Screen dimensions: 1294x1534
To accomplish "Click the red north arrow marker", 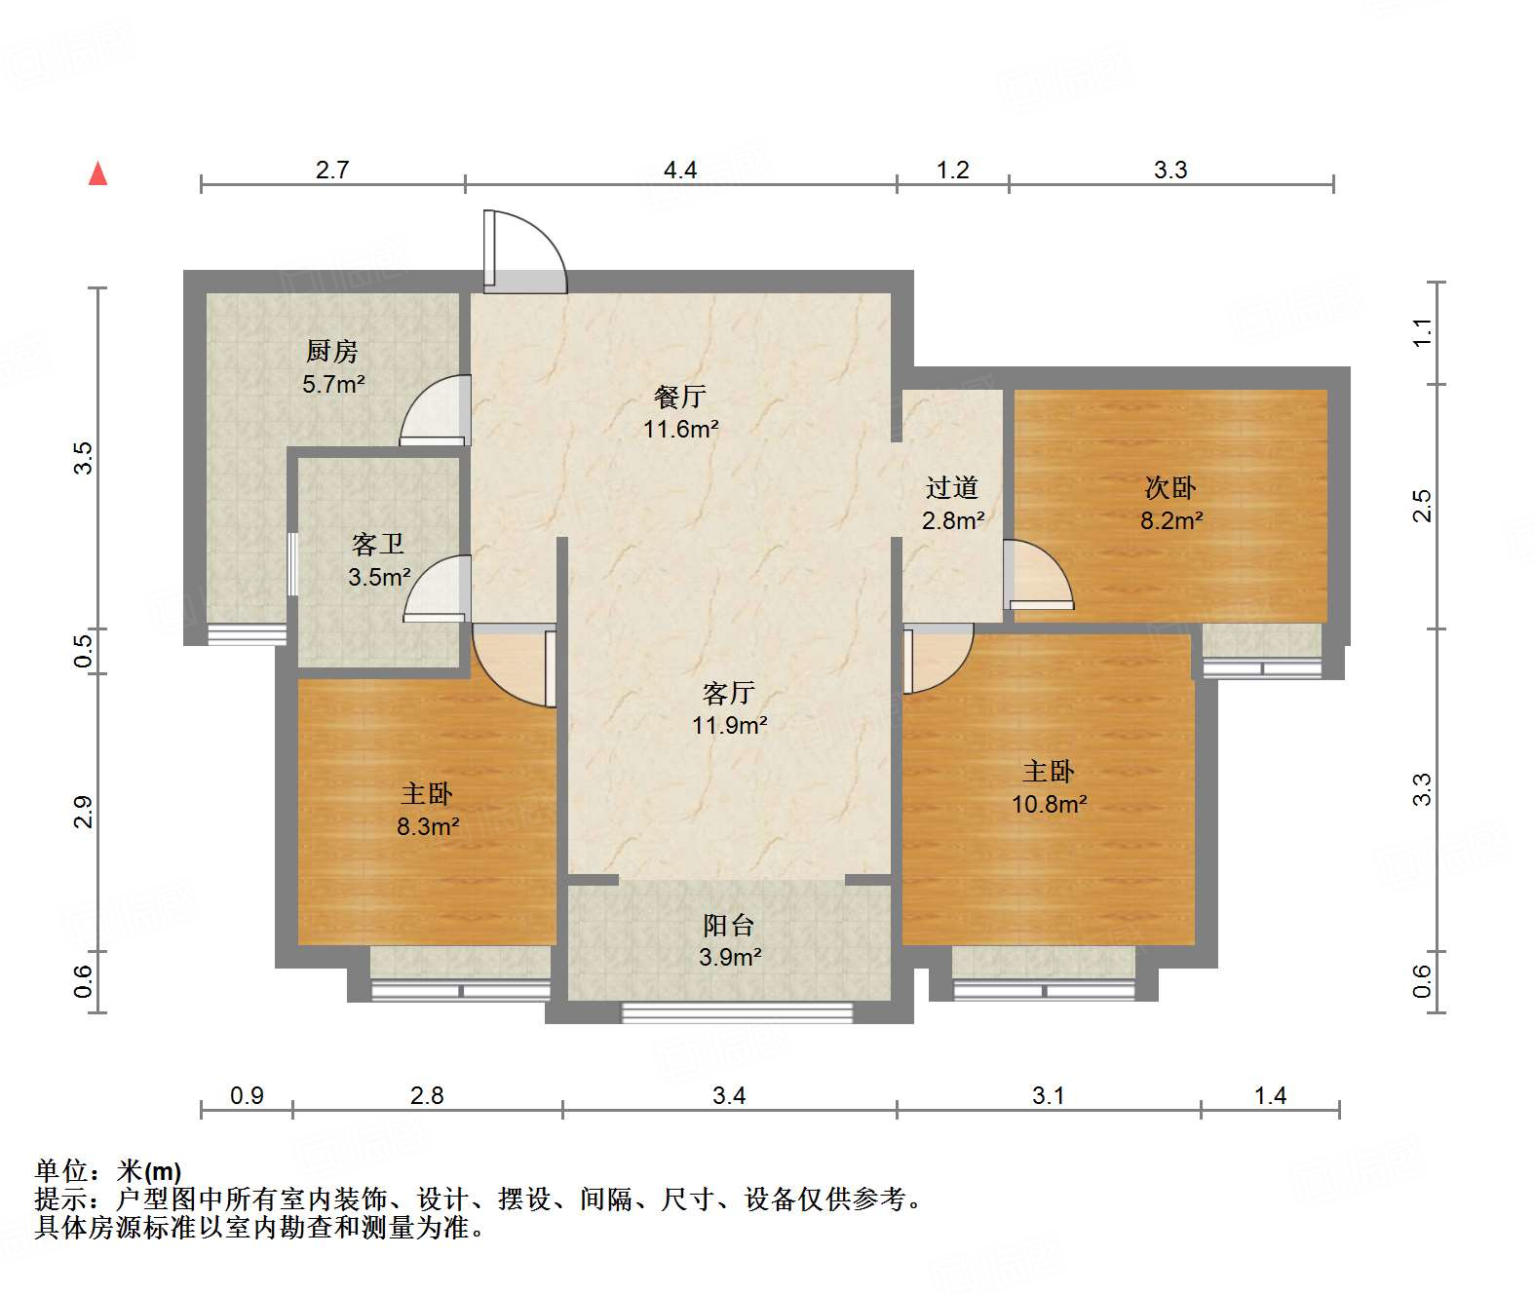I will (98, 173).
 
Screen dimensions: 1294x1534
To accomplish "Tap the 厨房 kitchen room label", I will (332, 351).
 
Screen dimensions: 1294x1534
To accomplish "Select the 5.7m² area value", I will (333, 384).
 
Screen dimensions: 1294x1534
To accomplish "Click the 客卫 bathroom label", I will (377, 544).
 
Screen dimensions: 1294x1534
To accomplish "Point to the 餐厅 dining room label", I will (680, 397).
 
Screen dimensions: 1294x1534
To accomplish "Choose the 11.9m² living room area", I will (729, 726).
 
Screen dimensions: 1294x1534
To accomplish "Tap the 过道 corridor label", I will (951, 487).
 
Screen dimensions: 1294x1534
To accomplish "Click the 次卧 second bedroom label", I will (1170, 487).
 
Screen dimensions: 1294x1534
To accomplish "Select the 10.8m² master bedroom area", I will (1049, 805).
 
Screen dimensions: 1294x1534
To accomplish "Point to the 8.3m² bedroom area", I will (428, 827).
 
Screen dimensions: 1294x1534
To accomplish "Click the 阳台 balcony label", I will (729, 926).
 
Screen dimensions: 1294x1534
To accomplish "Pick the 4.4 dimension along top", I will (680, 171).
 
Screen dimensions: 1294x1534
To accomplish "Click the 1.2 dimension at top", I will (952, 171).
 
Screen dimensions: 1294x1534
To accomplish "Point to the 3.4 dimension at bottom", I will (729, 1096).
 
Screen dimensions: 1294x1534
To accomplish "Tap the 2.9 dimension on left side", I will (84, 812).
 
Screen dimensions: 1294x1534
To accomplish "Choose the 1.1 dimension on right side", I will (1423, 332).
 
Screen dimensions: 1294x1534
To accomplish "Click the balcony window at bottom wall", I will (737, 1013).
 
